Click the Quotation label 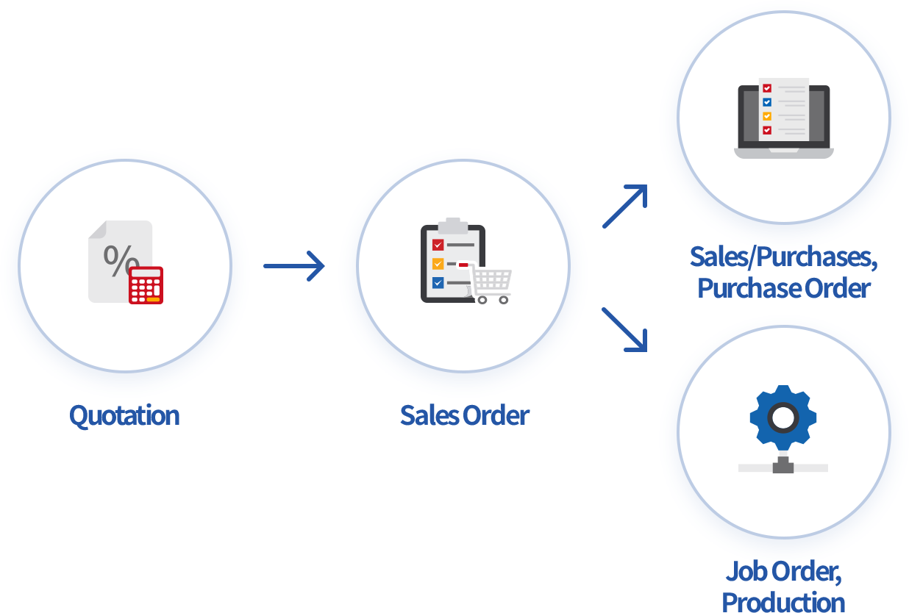coord(124,415)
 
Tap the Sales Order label coord(464,415)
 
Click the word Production coord(783,601)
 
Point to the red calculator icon coord(146,285)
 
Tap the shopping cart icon coord(491,284)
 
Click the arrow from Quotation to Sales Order coord(293,265)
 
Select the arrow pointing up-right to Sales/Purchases coord(624,207)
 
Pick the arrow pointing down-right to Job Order coord(624,329)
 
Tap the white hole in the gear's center coord(783,418)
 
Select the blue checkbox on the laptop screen coord(767,102)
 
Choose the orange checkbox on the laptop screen coord(767,116)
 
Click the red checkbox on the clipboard coord(438,245)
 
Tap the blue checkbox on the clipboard coord(438,282)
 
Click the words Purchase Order coord(783,288)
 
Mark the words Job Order coord(783,570)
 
